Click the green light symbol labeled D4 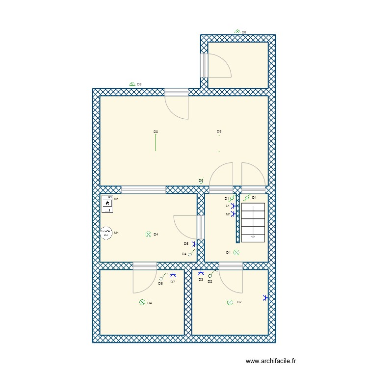coord(148,235)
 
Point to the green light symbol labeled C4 coord(142,303)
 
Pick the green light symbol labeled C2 coord(230,302)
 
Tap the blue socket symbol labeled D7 coord(172,276)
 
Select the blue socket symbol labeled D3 coord(200,273)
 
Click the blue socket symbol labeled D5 coord(195,243)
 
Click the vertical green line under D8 coord(156,142)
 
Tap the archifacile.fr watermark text coord(271,361)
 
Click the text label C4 coord(150,303)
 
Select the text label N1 coord(116,199)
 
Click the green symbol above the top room coord(237,31)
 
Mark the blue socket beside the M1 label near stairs coord(233,214)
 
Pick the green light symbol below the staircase coord(236,252)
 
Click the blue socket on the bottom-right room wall coord(265,297)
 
